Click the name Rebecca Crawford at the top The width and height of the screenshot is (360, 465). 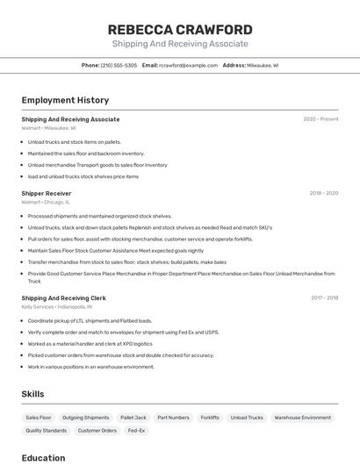[179, 29]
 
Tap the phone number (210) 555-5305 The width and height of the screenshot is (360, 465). [119, 65]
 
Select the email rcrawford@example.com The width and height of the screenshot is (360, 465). [188, 65]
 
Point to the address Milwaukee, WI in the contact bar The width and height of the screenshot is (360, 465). [262, 65]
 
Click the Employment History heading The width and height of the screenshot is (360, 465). [65, 100]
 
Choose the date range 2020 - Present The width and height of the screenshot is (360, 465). [320, 119]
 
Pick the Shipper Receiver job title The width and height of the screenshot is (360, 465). [47, 193]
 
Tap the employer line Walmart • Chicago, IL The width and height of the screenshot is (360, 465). [46, 202]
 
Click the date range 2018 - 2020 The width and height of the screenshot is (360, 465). [323, 193]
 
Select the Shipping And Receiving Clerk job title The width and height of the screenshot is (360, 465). [63, 297]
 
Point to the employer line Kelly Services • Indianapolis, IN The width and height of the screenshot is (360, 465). [57, 307]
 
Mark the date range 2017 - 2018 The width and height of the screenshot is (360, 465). [324, 297]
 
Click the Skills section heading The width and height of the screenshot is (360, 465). [32, 394]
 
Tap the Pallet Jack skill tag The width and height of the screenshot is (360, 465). [133, 418]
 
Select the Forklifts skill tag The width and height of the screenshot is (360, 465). [210, 418]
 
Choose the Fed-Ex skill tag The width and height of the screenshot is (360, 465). [136, 431]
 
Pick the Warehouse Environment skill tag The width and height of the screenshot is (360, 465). [303, 418]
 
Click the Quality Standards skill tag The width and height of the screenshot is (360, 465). [46, 431]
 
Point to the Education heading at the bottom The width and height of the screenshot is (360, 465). [43, 457]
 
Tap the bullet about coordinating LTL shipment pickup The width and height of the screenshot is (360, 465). [90, 320]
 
